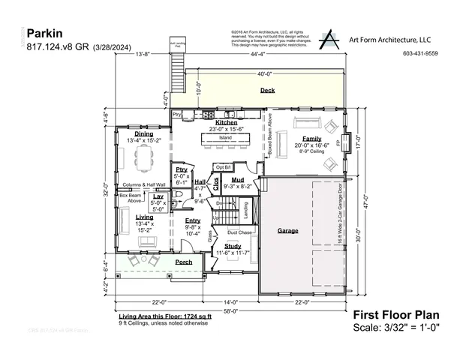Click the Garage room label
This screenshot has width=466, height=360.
tap(287, 230)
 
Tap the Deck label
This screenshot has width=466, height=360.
tap(267, 90)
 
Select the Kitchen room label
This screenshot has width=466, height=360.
tap(227, 121)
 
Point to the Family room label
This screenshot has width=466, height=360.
tap(312, 139)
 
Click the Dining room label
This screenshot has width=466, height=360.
tap(144, 133)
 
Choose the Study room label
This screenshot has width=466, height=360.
tap(232, 246)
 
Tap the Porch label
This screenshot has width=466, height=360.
tap(183, 262)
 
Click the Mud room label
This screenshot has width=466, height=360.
tap(237, 179)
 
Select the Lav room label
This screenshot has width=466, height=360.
tap(158, 196)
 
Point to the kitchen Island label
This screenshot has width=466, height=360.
tap(225, 138)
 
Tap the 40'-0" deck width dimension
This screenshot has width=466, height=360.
tap(264, 74)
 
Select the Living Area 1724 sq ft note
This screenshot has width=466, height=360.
tap(164, 317)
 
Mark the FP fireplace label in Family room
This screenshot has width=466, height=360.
tap(338, 142)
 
